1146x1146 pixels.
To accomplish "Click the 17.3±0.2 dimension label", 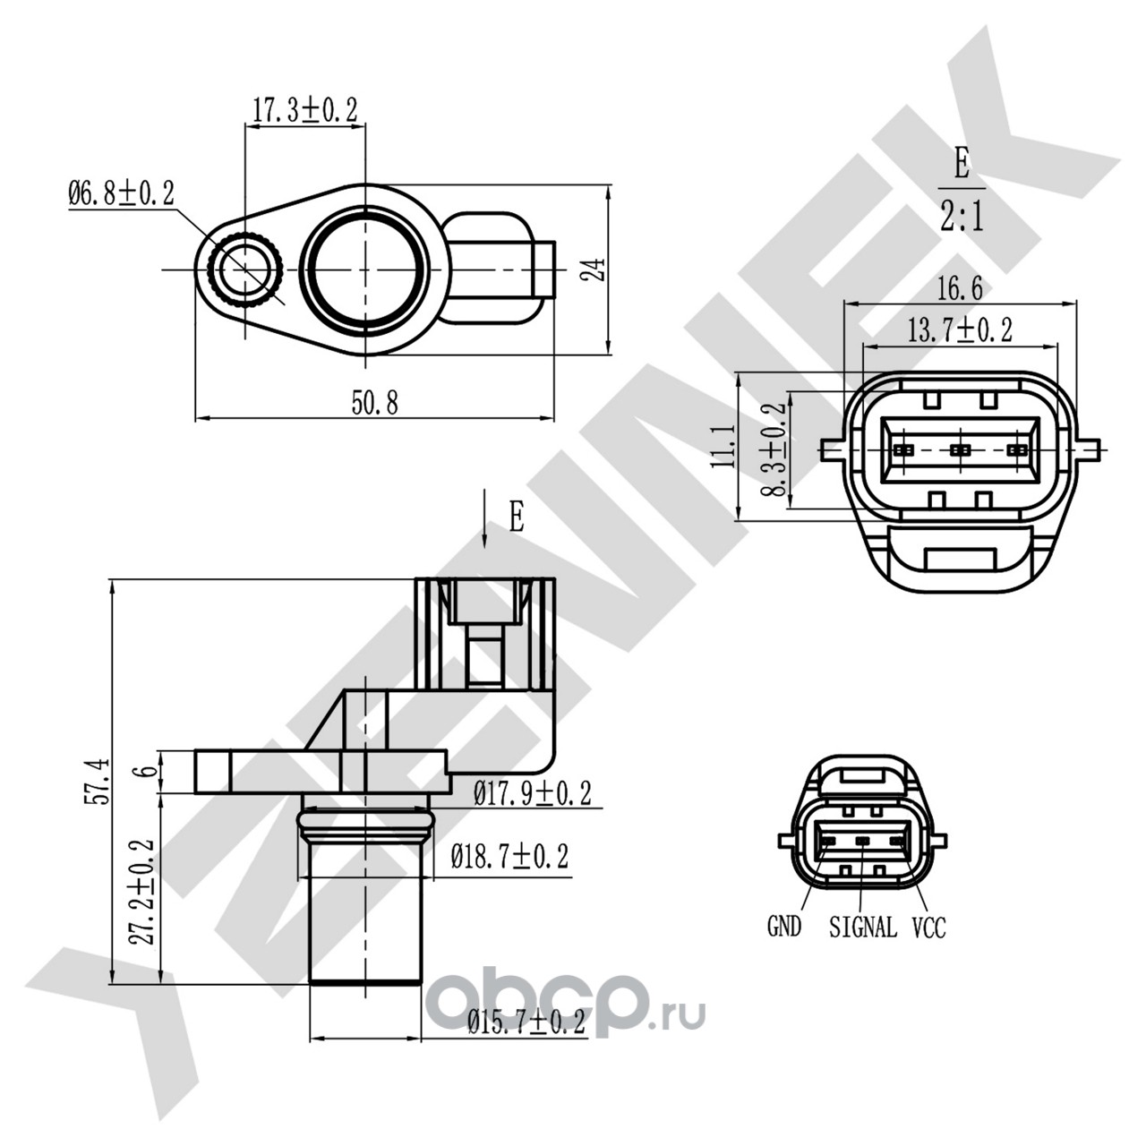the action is pos(305,111).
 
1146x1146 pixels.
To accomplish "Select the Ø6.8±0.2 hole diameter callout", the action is pos(122,194).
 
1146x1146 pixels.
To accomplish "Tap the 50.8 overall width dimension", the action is pos(374,403).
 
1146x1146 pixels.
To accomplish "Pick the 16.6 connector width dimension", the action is pos(960,289).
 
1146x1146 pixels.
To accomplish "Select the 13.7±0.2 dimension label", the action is pos(960,330).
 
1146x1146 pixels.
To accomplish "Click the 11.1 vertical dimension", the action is pos(723,446).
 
